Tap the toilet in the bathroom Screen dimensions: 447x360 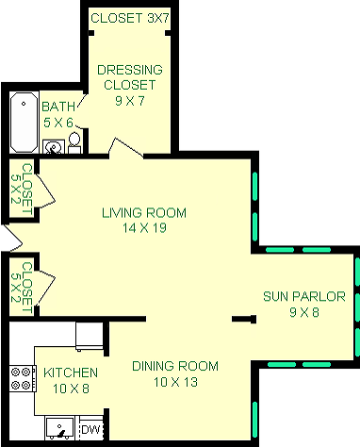tap(74, 143)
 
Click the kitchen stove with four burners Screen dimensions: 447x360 tap(20, 378)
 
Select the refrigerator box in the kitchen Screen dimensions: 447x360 tap(90, 335)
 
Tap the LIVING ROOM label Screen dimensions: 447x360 tap(144, 211)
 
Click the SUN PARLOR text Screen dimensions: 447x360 tap(303, 296)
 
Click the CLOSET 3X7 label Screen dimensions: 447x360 tap(129, 18)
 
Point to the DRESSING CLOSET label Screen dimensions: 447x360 tap(129, 76)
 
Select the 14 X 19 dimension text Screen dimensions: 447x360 tap(144, 227)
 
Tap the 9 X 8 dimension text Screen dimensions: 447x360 tap(303, 312)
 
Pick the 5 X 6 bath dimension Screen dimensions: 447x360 tap(57, 122)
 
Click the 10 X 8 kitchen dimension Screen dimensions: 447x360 tap(68, 389)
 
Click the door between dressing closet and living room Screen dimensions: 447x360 tap(125, 149)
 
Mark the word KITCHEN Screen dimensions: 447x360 tap(68, 372)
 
